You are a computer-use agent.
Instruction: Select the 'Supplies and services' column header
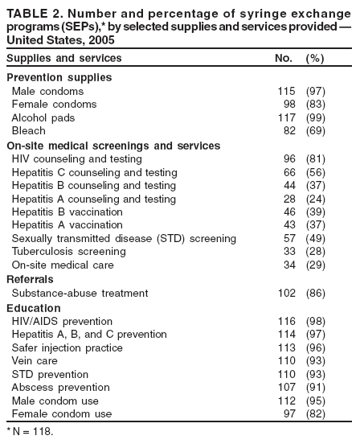pyautogui.click(x=64, y=59)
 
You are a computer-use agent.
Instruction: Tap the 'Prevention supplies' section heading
pyautogui.click(x=59, y=78)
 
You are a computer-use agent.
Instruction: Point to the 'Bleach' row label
pyautogui.click(x=29, y=130)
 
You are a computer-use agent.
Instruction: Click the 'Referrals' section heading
pyautogui.click(x=31, y=278)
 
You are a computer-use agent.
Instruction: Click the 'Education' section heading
pyautogui.click(x=33, y=308)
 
